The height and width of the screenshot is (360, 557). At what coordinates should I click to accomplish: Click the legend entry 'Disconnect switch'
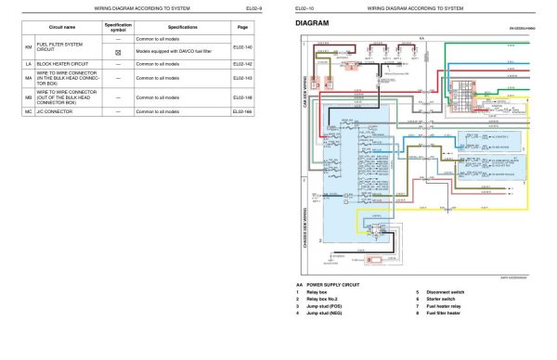(x=447, y=291)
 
